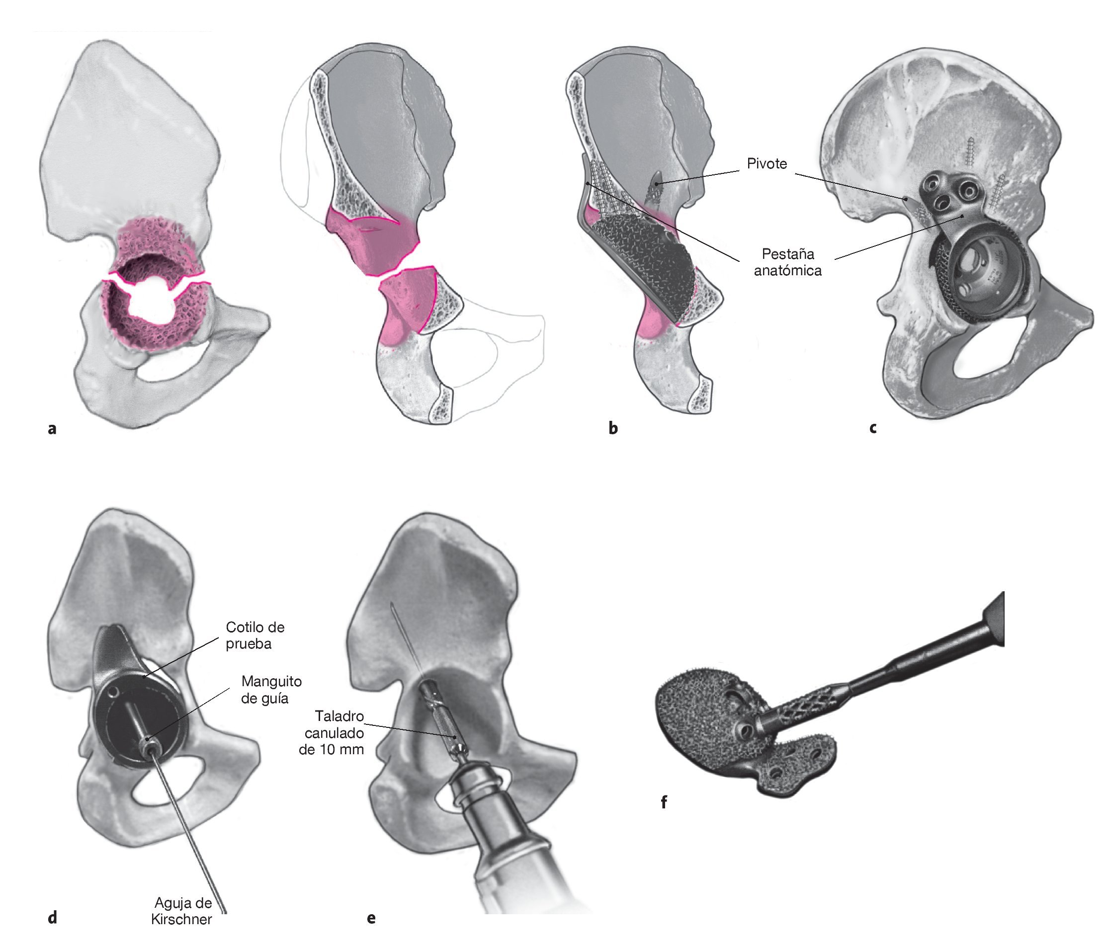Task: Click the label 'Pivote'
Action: point(767,163)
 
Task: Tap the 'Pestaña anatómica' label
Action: point(787,262)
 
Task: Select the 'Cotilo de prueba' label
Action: point(255,635)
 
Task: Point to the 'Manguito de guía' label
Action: point(271,689)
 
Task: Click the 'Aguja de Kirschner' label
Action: point(182,911)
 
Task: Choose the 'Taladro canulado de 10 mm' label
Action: point(332,732)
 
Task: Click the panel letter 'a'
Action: point(52,428)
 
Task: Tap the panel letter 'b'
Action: point(613,428)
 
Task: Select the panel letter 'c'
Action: point(873,428)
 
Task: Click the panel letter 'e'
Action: point(371,919)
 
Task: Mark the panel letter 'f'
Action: point(664,802)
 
